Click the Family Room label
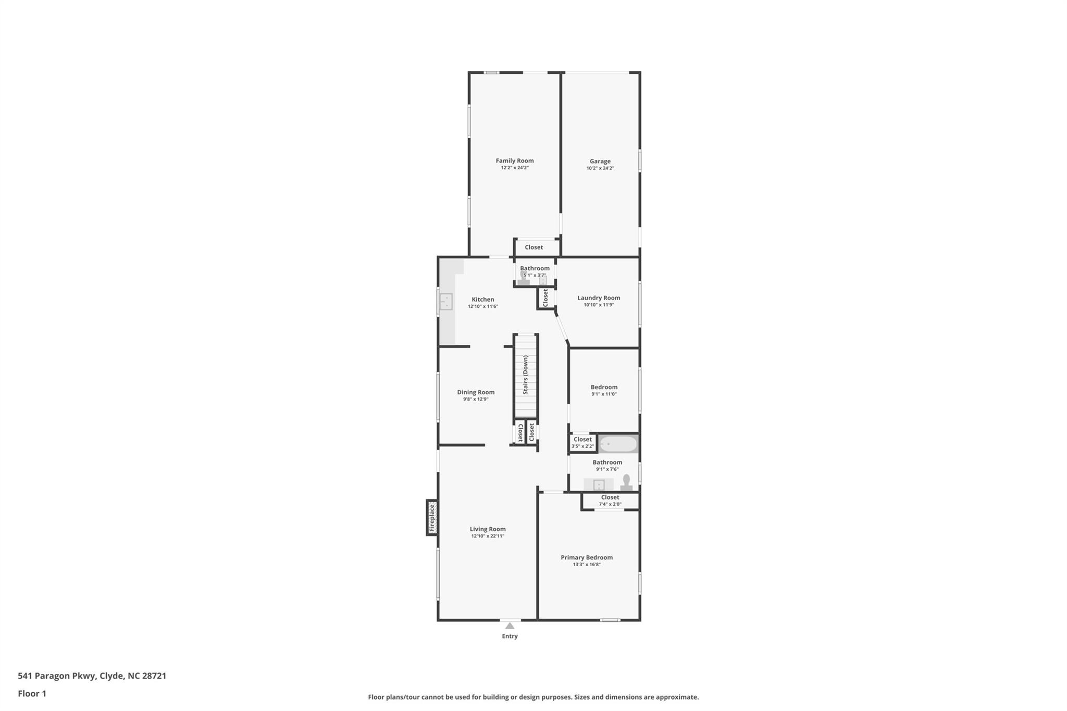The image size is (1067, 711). [x=514, y=160]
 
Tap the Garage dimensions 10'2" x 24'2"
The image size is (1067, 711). [x=600, y=168]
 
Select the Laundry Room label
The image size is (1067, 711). [x=598, y=298]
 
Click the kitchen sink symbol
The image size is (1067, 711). [x=446, y=302]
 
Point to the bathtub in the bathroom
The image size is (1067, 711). [x=618, y=444]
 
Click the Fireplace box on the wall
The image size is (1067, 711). [x=432, y=517]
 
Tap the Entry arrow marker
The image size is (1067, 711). [x=510, y=626]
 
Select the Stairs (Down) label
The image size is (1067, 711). [x=526, y=375]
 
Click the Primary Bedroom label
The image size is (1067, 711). [x=586, y=557]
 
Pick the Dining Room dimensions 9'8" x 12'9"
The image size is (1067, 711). [x=475, y=400]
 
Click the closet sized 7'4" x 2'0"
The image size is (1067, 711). [x=610, y=501]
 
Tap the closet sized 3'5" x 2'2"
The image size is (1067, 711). [x=582, y=443]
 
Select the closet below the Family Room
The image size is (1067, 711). [x=533, y=247]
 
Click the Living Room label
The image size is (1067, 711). [x=487, y=529]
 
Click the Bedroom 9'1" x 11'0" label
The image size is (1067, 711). [x=604, y=387]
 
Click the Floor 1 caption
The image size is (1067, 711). [x=32, y=693]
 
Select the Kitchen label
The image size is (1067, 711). [x=482, y=299]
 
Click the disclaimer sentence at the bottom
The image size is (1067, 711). [x=533, y=697]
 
